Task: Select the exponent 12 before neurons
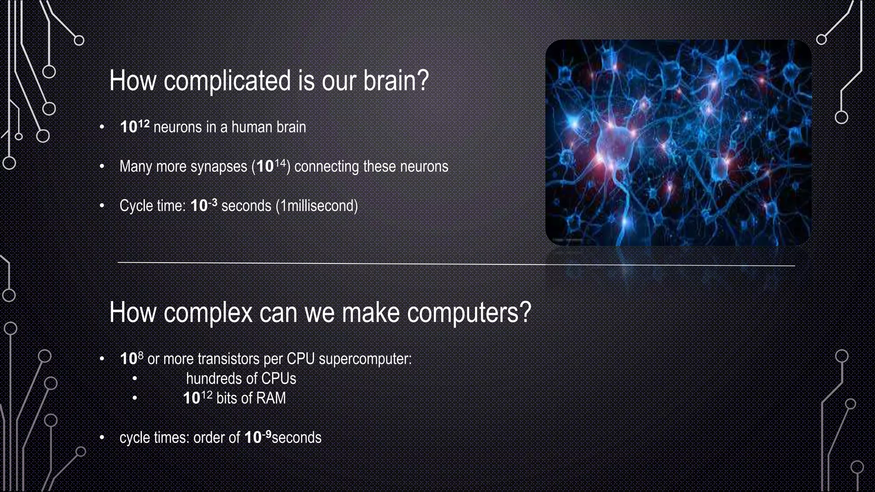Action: pos(144,123)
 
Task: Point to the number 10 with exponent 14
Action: pos(265,167)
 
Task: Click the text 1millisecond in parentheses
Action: pos(317,206)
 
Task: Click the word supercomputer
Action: pos(365,359)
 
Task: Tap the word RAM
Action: pos(270,398)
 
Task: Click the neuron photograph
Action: pos(678,143)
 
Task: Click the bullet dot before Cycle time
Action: pos(102,206)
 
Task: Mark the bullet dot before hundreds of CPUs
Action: pos(135,378)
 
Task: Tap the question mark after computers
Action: pos(526,313)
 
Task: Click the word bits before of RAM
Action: pos(226,398)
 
